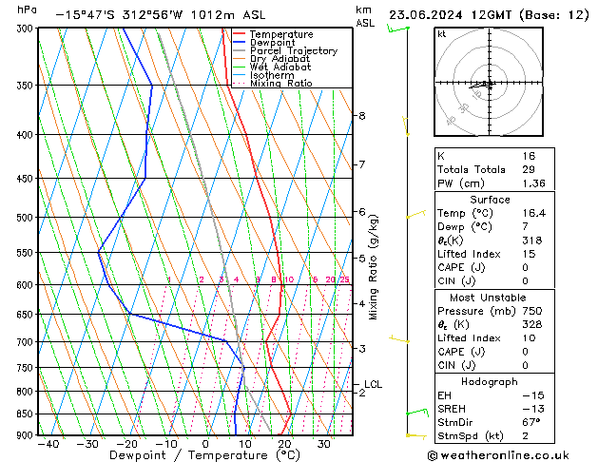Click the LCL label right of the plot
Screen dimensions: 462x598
click(x=373, y=384)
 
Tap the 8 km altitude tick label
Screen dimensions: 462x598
click(x=361, y=116)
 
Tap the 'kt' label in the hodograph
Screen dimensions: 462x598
click(x=442, y=33)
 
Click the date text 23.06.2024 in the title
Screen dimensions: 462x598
click(x=428, y=14)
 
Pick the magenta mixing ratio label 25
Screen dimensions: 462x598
click(x=344, y=279)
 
